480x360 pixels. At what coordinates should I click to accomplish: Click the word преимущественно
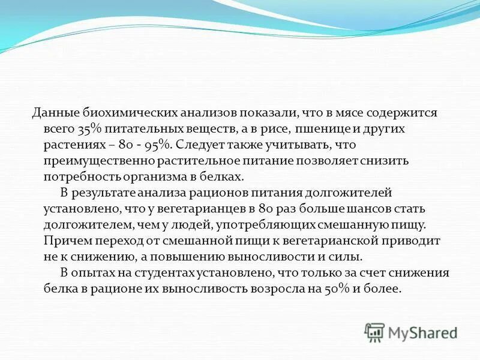point(99,161)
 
